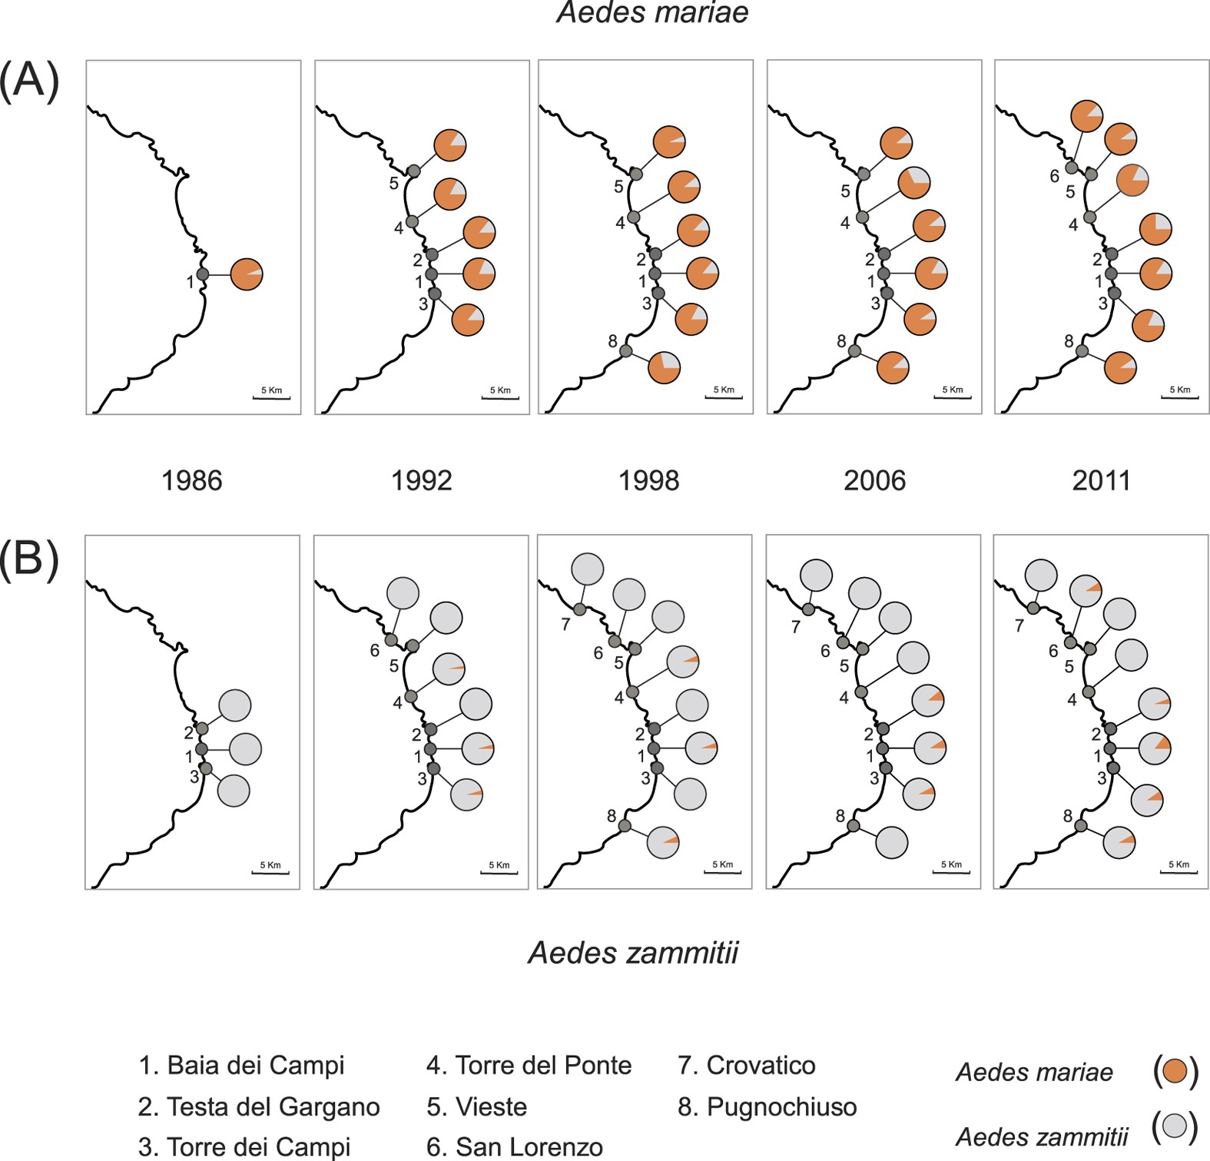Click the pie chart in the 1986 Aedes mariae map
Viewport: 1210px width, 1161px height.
tap(247, 274)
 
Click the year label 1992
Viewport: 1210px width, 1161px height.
tap(421, 481)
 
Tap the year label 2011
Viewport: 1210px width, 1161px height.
tap(1101, 481)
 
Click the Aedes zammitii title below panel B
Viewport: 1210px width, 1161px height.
tap(633, 953)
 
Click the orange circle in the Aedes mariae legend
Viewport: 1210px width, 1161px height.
tap(1175, 1071)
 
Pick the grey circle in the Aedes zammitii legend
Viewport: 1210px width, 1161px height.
tap(1175, 1126)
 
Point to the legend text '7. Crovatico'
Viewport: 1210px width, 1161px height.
tap(746, 1066)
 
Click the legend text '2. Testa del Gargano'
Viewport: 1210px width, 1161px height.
tap(259, 1107)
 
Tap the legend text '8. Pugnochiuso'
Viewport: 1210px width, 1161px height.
tap(767, 1107)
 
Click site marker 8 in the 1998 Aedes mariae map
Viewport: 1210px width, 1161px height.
tap(625, 351)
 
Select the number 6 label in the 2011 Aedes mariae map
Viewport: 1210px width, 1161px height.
tap(1055, 177)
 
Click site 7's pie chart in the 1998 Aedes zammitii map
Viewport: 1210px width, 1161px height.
tap(588, 569)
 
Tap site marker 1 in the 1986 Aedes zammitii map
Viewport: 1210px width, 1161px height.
tap(202, 749)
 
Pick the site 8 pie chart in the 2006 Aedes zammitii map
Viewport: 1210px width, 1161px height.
tap(891, 842)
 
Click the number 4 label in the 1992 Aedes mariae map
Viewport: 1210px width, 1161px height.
tap(399, 228)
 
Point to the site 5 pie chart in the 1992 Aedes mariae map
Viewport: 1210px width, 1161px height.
tap(450, 145)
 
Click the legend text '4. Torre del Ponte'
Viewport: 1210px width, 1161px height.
tap(529, 1066)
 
